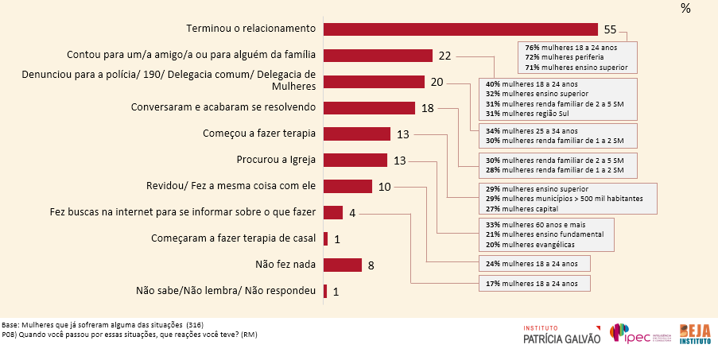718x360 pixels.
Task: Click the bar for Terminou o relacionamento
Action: [x=461, y=29]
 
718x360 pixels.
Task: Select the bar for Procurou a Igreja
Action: [x=355, y=160]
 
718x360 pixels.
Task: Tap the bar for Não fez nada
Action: [x=343, y=265]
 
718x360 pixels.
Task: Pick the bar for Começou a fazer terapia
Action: [x=357, y=134]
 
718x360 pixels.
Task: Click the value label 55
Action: [x=610, y=29]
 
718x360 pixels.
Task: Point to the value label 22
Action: [x=444, y=56]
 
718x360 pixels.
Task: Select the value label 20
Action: [x=437, y=82]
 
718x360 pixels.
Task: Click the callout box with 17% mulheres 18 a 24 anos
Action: [x=533, y=283]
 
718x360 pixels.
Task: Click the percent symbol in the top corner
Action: [x=685, y=8]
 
